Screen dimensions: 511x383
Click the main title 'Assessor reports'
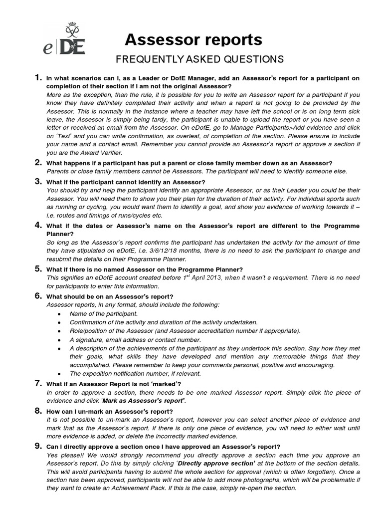193,40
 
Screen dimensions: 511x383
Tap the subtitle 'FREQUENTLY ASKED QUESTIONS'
199,60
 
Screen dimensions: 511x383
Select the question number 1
37,77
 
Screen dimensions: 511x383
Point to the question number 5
37,269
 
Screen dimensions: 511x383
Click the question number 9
37,446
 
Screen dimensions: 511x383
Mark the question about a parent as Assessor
189,163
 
